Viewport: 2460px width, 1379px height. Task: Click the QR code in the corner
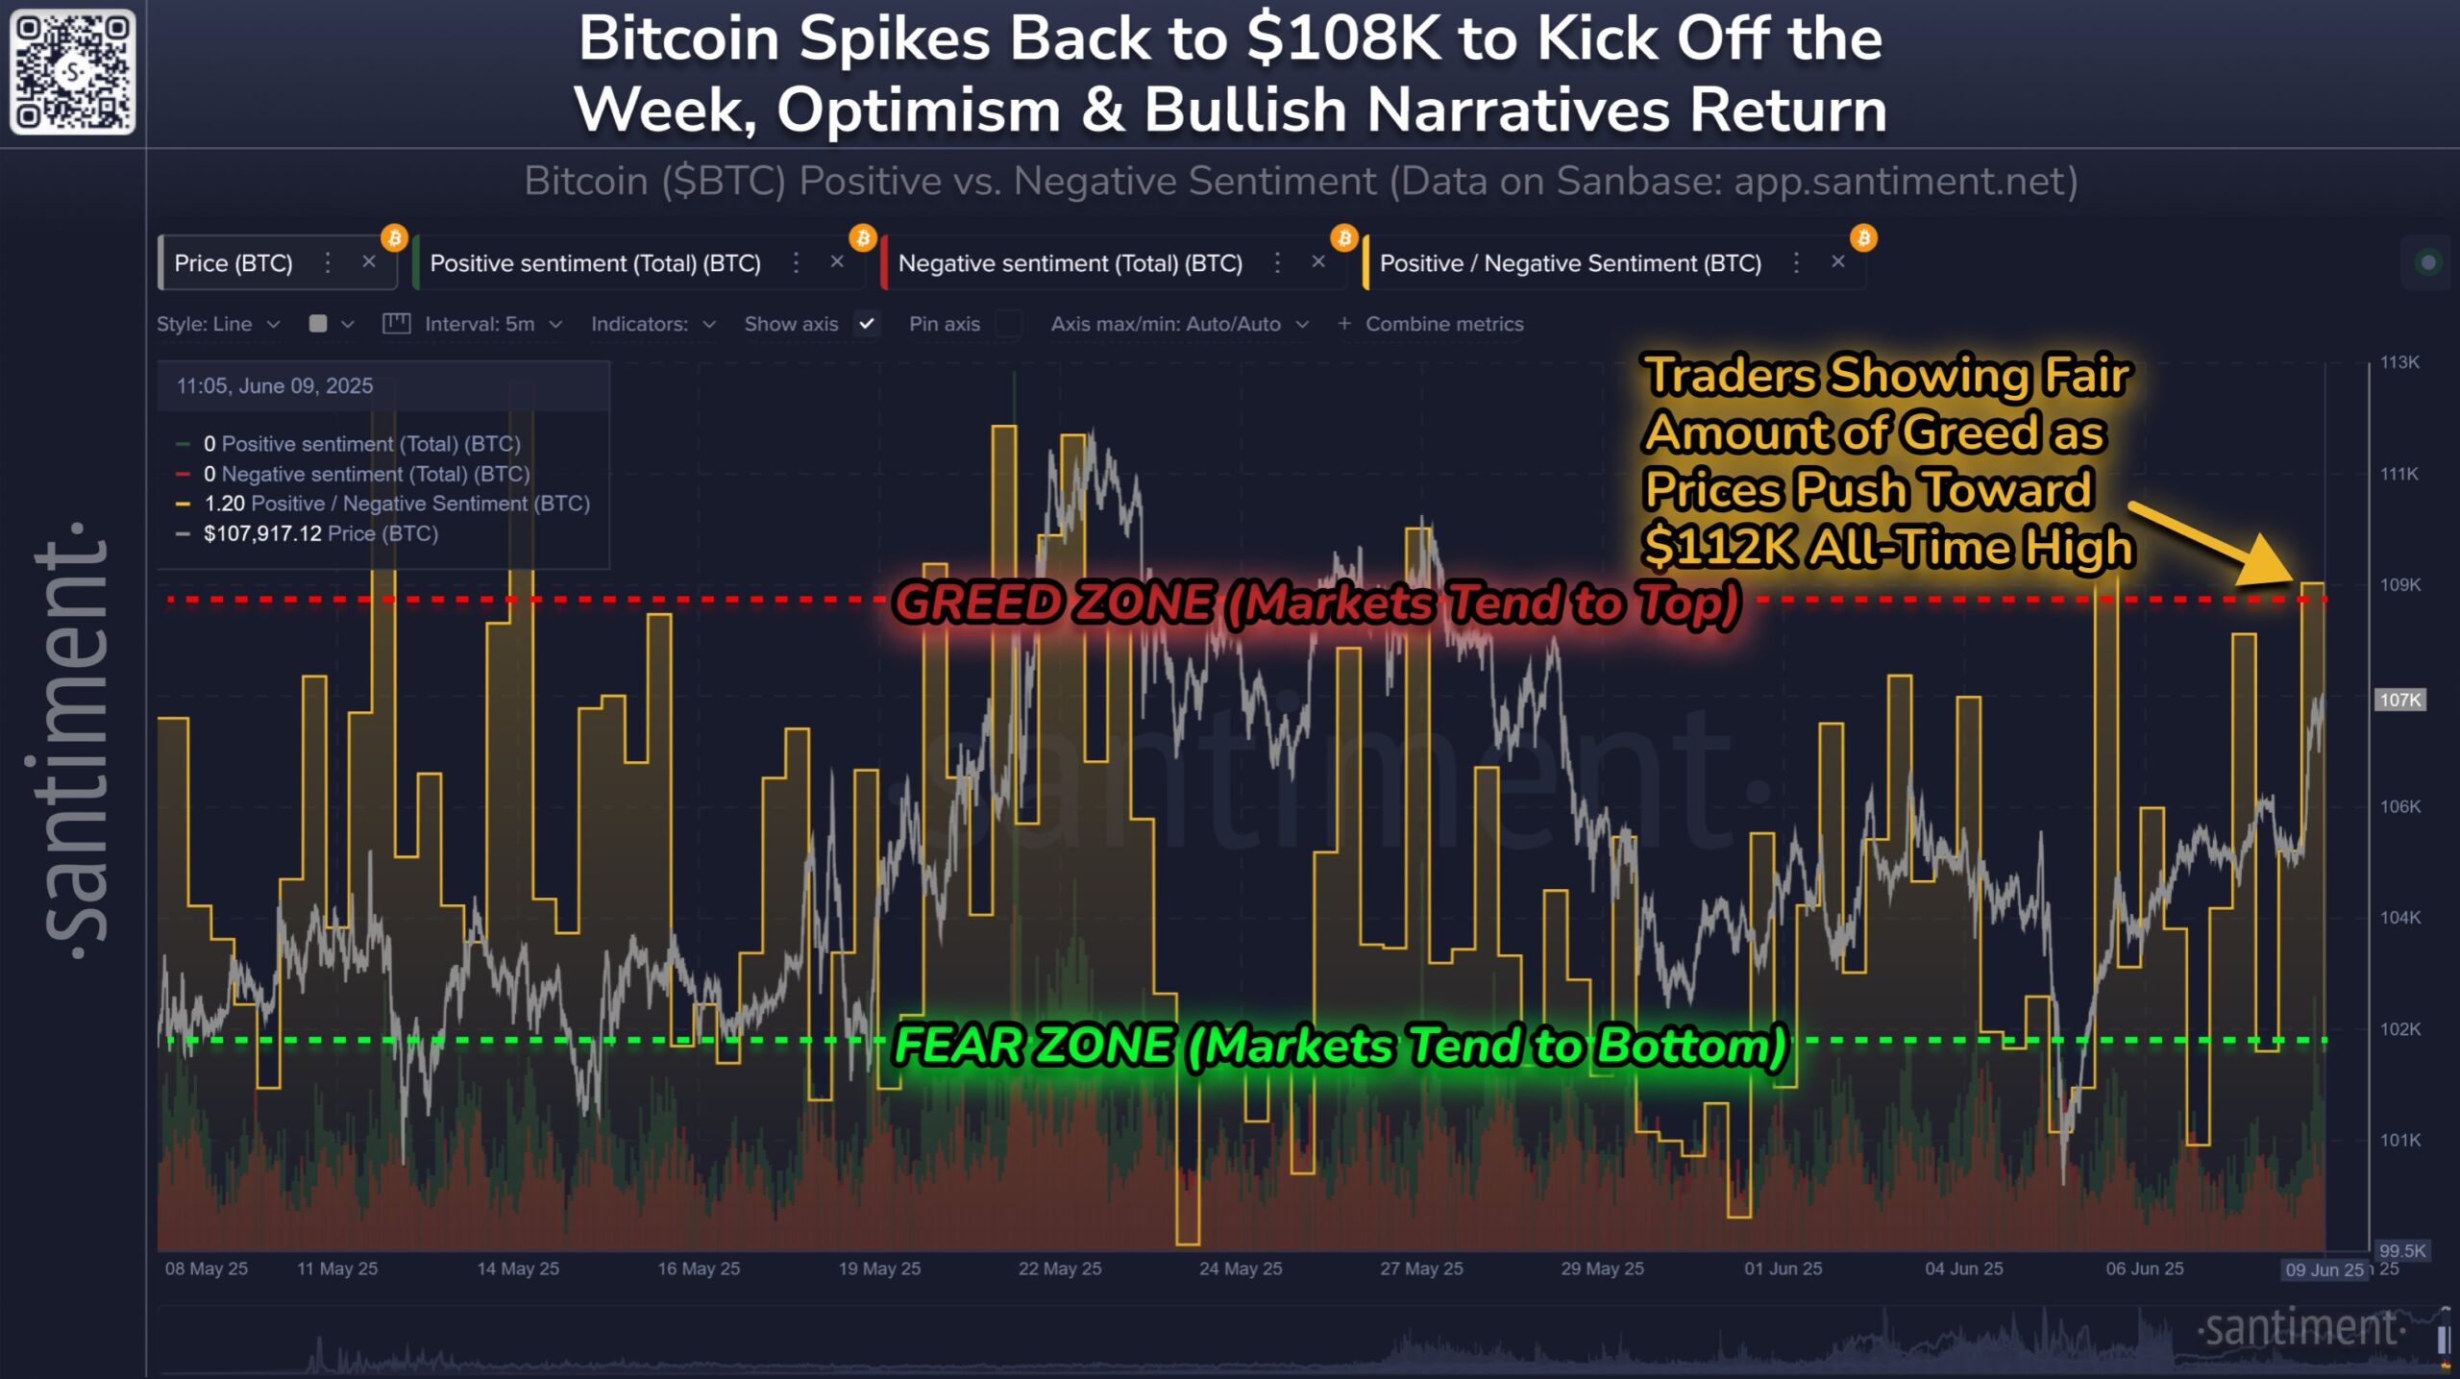(x=72, y=72)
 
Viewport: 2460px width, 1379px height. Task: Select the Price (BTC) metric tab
(x=234, y=263)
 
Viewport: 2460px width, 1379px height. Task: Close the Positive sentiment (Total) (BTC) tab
(x=837, y=261)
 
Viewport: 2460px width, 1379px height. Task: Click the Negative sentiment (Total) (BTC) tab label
(x=1070, y=263)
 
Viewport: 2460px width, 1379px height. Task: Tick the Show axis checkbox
(x=867, y=324)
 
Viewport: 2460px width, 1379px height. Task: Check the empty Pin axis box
(x=1008, y=324)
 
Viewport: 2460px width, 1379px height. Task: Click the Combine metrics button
(x=1431, y=325)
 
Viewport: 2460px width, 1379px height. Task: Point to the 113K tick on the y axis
(x=2399, y=362)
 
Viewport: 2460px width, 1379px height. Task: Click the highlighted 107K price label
(x=2399, y=700)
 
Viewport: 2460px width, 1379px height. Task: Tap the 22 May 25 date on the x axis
(x=1060, y=1268)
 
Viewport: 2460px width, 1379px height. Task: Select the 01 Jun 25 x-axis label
(x=1783, y=1268)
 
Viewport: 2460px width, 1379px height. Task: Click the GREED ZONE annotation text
(x=1316, y=603)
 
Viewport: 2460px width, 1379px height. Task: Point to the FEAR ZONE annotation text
(x=1340, y=1046)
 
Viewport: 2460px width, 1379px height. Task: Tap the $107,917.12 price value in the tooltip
(x=262, y=533)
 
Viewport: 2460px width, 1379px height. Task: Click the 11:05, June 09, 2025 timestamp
(x=275, y=386)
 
